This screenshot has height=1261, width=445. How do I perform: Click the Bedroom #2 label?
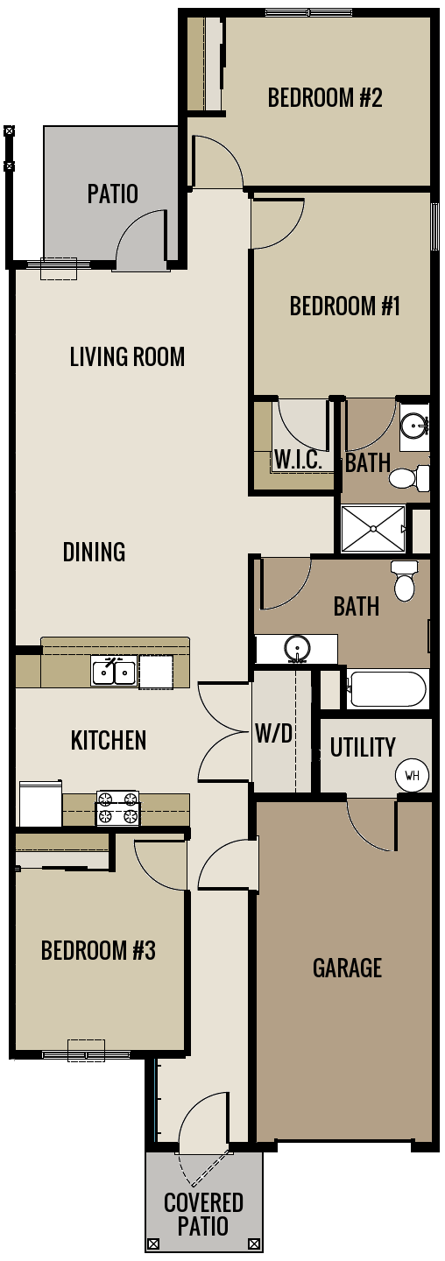click(x=325, y=96)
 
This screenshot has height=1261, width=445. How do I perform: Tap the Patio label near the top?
click(x=112, y=193)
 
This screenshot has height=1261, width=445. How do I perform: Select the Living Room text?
click(x=127, y=356)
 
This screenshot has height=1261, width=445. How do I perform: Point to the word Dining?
click(x=94, y=552)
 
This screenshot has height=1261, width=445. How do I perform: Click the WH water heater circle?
click(x=412, y=775)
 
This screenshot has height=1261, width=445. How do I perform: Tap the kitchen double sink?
click(x=115, y=672)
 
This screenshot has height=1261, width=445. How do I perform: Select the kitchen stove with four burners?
click(x=118, y=807)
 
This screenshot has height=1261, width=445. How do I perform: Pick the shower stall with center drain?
click(x=373, y=529)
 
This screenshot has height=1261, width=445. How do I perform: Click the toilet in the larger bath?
click(x=405, y=581)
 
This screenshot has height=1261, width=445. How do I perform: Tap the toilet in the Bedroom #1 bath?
click(x=407, y=478)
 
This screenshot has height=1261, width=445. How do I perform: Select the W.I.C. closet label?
click(x=298, y=459)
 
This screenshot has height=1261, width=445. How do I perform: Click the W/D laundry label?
click(x=273, y=734)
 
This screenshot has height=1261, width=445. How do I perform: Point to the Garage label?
click(x=347, y=968)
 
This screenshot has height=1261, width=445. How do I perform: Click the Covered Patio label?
click(x=203, y=1214)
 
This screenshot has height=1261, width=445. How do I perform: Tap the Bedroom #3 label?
click(x=98, y=950)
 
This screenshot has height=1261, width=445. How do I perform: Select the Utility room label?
click(x=363, y=747)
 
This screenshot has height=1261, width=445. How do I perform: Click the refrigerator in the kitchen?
click(x=40, y=803)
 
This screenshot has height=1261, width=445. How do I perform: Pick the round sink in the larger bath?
click(x=298, y=649)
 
